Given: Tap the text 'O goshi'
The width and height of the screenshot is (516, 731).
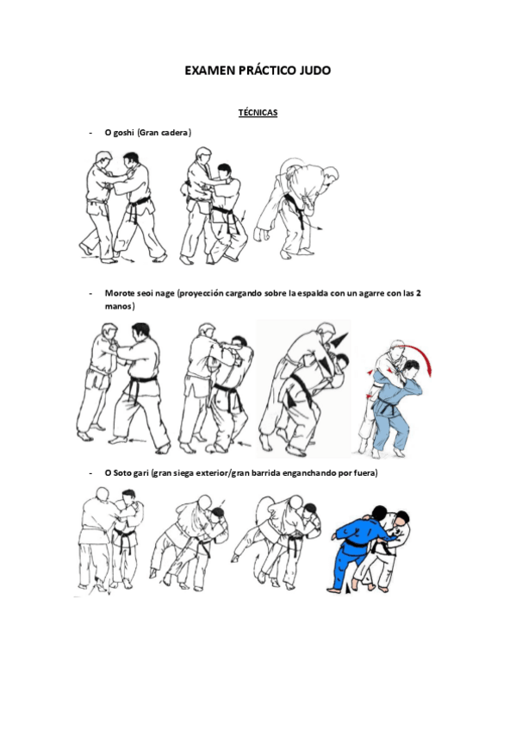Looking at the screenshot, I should (x=119, y=133).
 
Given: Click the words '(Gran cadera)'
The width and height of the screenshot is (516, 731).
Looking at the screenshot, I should (x=165, y=133).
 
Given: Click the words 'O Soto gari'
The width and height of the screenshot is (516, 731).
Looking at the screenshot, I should (x=126, y=473).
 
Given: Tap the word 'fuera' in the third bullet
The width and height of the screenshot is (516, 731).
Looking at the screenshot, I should (x=363, y=473).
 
